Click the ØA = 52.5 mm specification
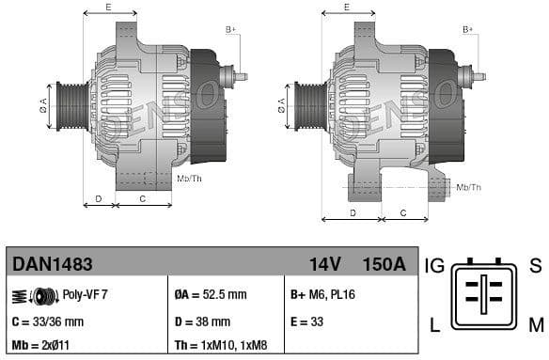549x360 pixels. pos(212,294)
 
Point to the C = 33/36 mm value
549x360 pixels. pos(48,321)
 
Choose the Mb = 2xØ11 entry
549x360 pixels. pos(42,345)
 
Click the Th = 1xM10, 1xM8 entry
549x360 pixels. pos(218,345)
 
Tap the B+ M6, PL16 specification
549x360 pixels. pos(323,294)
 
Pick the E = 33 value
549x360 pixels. pos(308,321)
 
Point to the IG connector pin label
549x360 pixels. pos(435,266)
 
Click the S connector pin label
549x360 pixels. pos(535,266)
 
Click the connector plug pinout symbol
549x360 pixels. pos(484,294)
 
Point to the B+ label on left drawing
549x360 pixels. pos(230,30)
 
